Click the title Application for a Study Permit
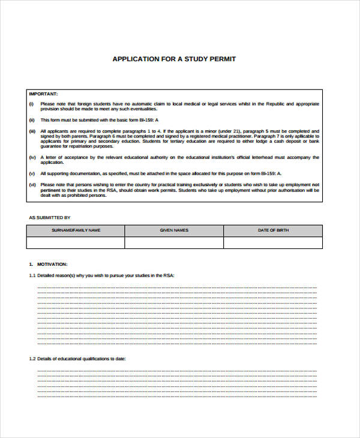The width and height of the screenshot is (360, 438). click(x=174, y=59)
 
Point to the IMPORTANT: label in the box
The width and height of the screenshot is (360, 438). click(x=43, y=94)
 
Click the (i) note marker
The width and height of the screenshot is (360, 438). click(x=31, y=104)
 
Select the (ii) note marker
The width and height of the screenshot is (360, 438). click(x=32, y=121)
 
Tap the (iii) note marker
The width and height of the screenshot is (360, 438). click(x=32, y=131)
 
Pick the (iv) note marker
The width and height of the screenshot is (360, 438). click(x=32, y=157)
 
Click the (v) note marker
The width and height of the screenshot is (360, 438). click(x=32, y=173)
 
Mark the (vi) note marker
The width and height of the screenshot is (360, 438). click(x=32, y=184)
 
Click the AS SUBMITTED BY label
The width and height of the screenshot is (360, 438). click(x=50, y=217)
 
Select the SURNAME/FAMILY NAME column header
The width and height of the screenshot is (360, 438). click(x=76, y=230)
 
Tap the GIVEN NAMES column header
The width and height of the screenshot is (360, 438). click(x=174, y=230)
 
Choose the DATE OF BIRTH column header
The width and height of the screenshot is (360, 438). click(x=272, y=230)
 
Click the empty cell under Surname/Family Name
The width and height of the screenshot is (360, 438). click(x=76, y=242)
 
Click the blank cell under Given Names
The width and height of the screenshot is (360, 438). click(x=174, y=242)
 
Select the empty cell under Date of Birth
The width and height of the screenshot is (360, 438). click(x=272, y=242)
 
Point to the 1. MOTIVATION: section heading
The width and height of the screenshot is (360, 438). click(x=49, y=264)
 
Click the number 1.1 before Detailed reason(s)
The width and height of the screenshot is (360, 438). click(x=32, y=275)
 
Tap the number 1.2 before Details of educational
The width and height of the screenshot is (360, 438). click(x=32, y=358)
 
